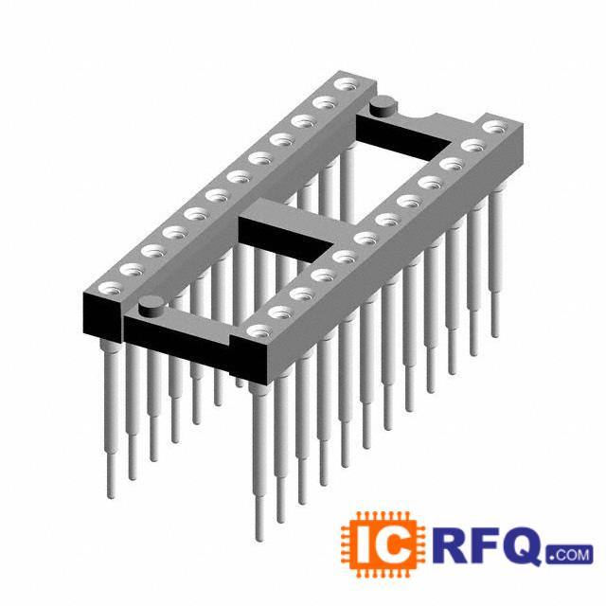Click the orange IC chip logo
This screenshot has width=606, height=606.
click(x=383, y=544)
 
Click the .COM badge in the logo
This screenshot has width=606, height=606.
click(x=569, y=555)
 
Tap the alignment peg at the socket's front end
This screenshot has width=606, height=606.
click(x=151, y=305)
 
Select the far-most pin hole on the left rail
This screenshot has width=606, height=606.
click(x=347, y=84)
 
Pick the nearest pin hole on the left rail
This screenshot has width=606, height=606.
click(x=111, y=288)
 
